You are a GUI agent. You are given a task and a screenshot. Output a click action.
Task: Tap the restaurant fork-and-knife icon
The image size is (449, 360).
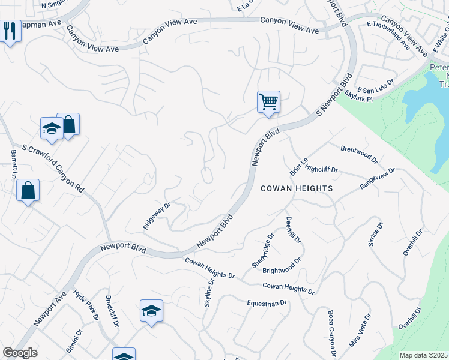(x=9, y=31)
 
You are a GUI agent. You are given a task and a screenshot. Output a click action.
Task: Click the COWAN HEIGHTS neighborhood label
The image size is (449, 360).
(x=297, y=188)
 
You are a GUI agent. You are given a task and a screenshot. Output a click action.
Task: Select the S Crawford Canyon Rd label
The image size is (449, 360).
(x=53, y=167)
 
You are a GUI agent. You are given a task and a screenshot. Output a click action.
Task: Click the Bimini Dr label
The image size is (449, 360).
(x=73, y=340)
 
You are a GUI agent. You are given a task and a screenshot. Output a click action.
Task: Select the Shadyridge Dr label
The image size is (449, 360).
(x=262, y=250)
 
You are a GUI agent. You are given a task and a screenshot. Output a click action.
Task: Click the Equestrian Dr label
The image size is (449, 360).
(x=267, y=304)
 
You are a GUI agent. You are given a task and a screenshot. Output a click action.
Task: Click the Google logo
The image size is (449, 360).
(x=20, y=353)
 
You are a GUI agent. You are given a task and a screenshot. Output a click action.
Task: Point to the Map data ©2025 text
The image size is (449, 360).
(x=423, y=355)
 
